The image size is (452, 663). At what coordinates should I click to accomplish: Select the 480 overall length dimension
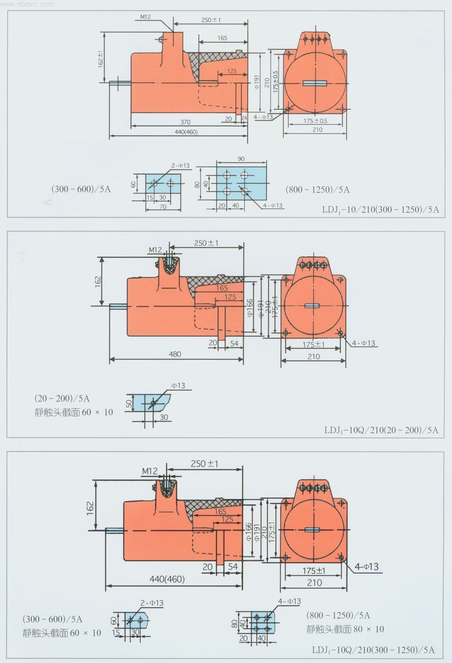pyautogui.click(x=175, y=354)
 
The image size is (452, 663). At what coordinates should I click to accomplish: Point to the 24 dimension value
pyautogui.click(x=245, y=119)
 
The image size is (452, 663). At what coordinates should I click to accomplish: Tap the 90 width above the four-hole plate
pyautogui.click(x=241, y=159)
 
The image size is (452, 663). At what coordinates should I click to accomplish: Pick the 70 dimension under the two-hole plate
pyautogui.click(x=163, y=207)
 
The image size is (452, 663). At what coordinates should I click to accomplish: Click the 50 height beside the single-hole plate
pyautogui.click(x=129, y=404)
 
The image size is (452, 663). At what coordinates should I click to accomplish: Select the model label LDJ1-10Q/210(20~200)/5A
pyautogui.click(x=381, y=430)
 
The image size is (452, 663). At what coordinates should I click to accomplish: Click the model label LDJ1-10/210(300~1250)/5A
pyautogui.click(x=380, y=210)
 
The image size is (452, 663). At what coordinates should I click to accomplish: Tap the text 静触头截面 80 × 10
pyautogui.click(x=345, y=629)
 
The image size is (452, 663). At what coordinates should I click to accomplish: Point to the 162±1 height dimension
pyautogui.click(x=101, y=58)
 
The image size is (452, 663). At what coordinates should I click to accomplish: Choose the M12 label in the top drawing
pyautogui.click(x=146, y=17)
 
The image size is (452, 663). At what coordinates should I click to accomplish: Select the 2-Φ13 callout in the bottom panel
pyautogui.click(x=152, y=603)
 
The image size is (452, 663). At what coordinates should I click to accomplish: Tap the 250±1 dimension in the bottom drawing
pyautogui.click(x=204, y=463)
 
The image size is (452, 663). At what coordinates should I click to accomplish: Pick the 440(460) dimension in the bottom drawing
pyautogui.click(x=167, y=579)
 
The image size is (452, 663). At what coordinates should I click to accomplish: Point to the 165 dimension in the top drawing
pyautogui.click(x=222, y=38)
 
